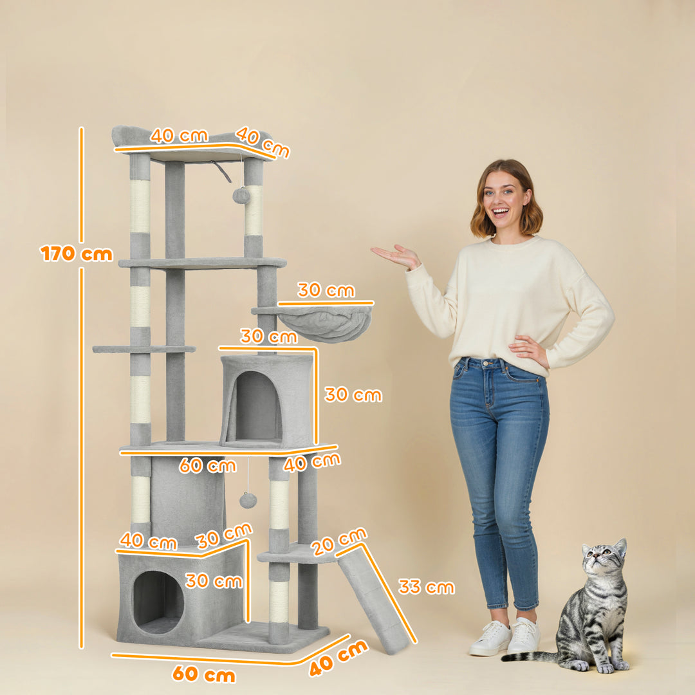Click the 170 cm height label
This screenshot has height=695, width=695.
76,254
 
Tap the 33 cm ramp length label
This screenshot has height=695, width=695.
426,587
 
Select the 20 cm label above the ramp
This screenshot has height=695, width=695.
338,541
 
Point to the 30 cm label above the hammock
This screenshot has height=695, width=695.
326,290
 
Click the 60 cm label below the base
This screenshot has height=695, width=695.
203,674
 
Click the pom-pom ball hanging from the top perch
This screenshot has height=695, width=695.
241,196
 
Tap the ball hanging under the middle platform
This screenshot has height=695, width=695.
248,500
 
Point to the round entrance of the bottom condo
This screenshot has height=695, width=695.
158,602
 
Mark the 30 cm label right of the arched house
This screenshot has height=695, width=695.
353,394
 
